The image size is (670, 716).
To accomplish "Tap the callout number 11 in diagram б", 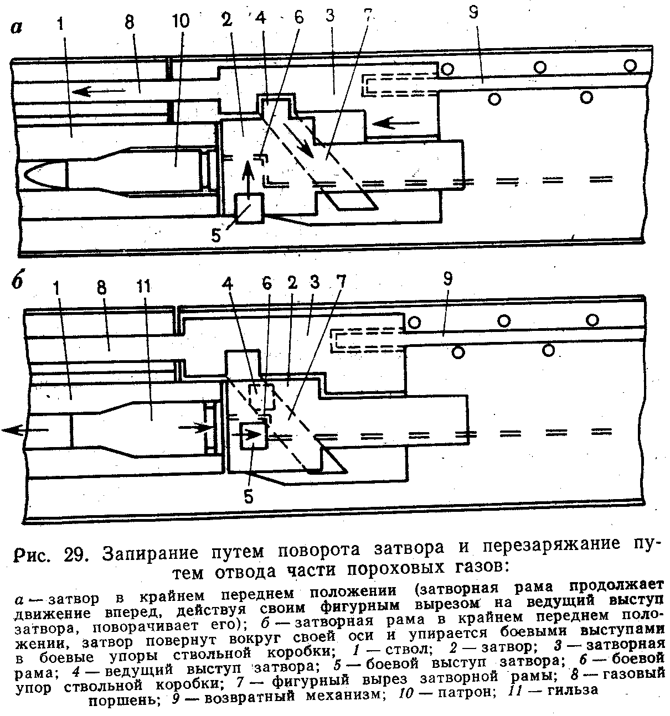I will pyautogui.click(x=148, y=289).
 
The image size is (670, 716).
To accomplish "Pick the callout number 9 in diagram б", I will pyautogui.click(x=447, y=280).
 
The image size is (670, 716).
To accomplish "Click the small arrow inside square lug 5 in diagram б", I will pyautogui.click(x=252, y=434).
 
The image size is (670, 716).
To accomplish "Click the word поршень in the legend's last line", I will pyautogui.click(x=121, y=700).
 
